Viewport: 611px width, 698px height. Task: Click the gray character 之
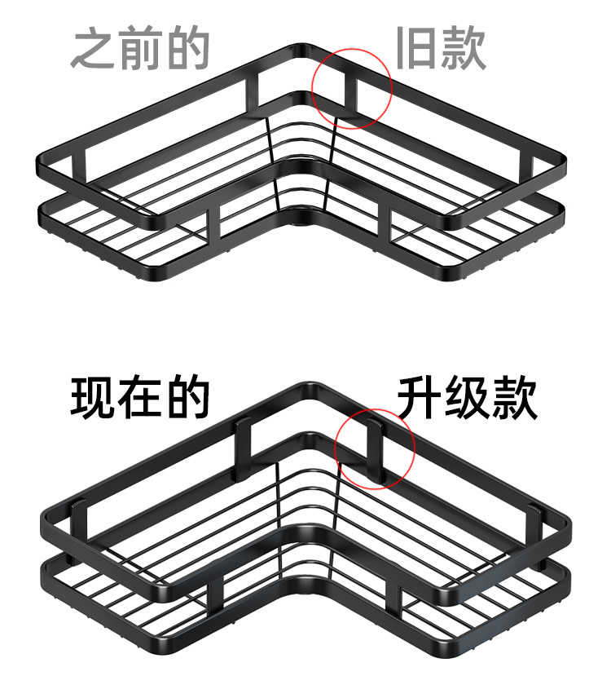pyautogui.click(x=94, y=48)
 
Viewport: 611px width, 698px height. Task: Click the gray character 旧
pyautogui.click(x=415, y=48)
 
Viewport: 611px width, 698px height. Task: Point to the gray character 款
pyautogui.click(x=463, y=48)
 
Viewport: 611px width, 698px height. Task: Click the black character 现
pyautogui.click(x=94, y=397)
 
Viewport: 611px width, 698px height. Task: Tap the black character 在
pyautogui.click(x=140, y=397)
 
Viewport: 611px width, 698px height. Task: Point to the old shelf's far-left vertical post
pyautogui.click(x=79, y=166)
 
